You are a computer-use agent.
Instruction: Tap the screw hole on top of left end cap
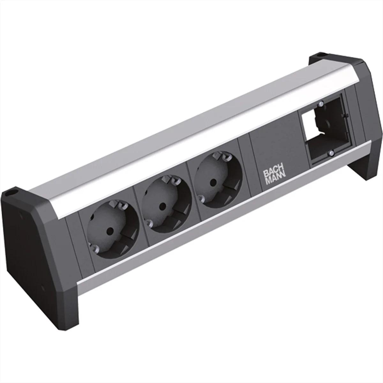[x=13, y=194]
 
